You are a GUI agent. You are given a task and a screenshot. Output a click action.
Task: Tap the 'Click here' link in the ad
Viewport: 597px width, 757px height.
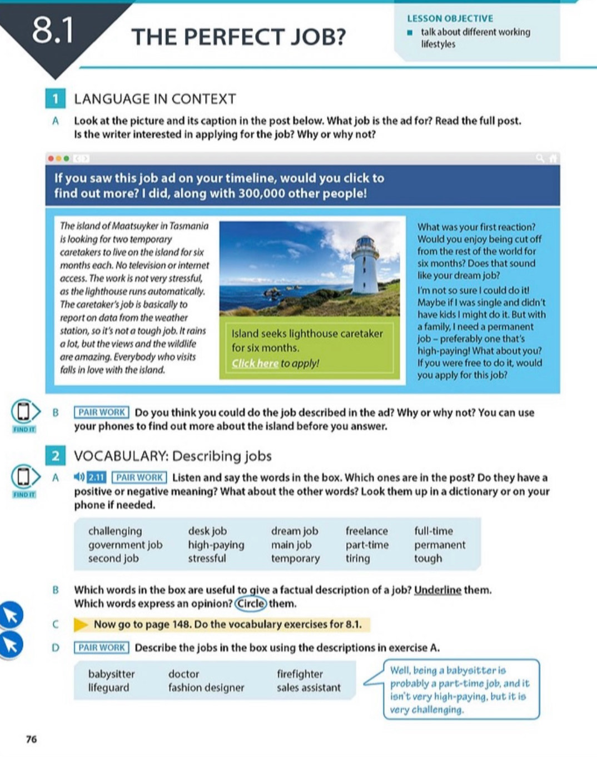(255, 363)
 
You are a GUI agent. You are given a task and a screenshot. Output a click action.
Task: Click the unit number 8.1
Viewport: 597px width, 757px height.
(52, 31)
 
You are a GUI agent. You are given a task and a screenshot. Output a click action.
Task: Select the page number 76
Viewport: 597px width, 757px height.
(31, 739)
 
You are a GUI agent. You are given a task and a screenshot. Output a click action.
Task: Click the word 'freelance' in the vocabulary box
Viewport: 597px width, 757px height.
(366, 531)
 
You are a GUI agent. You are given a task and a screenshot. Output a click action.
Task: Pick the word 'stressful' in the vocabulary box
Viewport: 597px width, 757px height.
(207, 558)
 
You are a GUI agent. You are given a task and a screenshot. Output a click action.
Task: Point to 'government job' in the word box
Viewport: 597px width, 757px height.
(125, 545)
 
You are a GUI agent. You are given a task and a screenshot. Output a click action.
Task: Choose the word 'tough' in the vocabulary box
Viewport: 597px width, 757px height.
(428, 558)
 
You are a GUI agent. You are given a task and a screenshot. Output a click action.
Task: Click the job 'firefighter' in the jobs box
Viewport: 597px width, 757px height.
(300, 674)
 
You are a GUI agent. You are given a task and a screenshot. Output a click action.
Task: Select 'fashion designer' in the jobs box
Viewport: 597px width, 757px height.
(206, 688)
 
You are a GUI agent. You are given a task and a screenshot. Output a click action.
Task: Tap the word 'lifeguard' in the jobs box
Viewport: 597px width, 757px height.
(108, 688)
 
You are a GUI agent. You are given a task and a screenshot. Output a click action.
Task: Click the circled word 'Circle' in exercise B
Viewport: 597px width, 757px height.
(251, 604)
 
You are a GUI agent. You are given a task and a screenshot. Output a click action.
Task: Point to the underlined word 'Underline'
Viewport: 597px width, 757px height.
(437, 590)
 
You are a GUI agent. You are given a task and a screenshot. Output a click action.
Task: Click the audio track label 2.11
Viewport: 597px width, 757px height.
(97, 477)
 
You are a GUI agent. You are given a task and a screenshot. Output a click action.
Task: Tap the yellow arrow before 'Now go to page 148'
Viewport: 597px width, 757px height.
(81, 624)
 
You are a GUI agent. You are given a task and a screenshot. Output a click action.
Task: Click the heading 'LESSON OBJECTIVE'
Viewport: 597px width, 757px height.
(450, 18)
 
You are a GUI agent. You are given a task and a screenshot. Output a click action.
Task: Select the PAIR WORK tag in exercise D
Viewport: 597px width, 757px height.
(102, 648)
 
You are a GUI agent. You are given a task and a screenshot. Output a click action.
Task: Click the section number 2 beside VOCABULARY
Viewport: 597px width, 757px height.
(55, 456)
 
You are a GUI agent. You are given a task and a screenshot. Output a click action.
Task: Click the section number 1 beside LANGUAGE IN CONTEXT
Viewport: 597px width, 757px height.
(55, 99)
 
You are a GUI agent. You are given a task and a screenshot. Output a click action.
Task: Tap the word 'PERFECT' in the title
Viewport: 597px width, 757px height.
(234, 37)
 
